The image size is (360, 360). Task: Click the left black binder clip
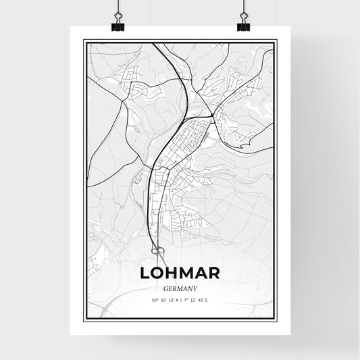[x=118, y=25]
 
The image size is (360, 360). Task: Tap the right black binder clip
[x=242, y=25]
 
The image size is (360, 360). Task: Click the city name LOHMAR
[x=180, y=273]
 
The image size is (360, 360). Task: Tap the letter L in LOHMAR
[x=145, y=273]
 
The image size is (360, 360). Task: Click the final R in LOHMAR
[x=214, y=273]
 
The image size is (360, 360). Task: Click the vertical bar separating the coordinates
[x=180, y=299]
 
